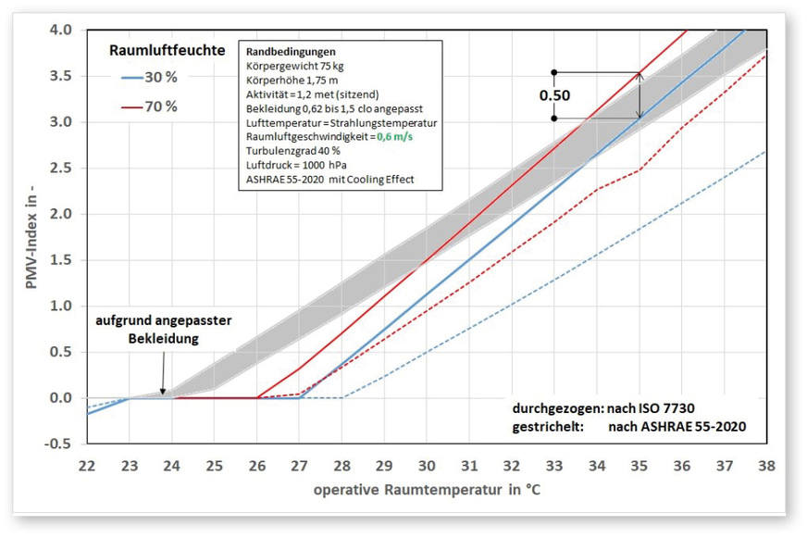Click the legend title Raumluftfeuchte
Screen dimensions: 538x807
pyautogui.click(x=167, y=51)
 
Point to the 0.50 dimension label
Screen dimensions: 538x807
pyautogui.click(x=555, y=95)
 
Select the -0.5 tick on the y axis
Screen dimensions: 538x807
pyautogui.click(x=62, y=444)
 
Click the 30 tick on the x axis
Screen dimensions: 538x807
pyautogui.click(x=426, y=462)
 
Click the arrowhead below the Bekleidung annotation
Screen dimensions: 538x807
pyautogui.click(x=163, y=393)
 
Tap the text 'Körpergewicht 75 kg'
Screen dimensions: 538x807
pyautogui.click(x=294, y=66)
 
